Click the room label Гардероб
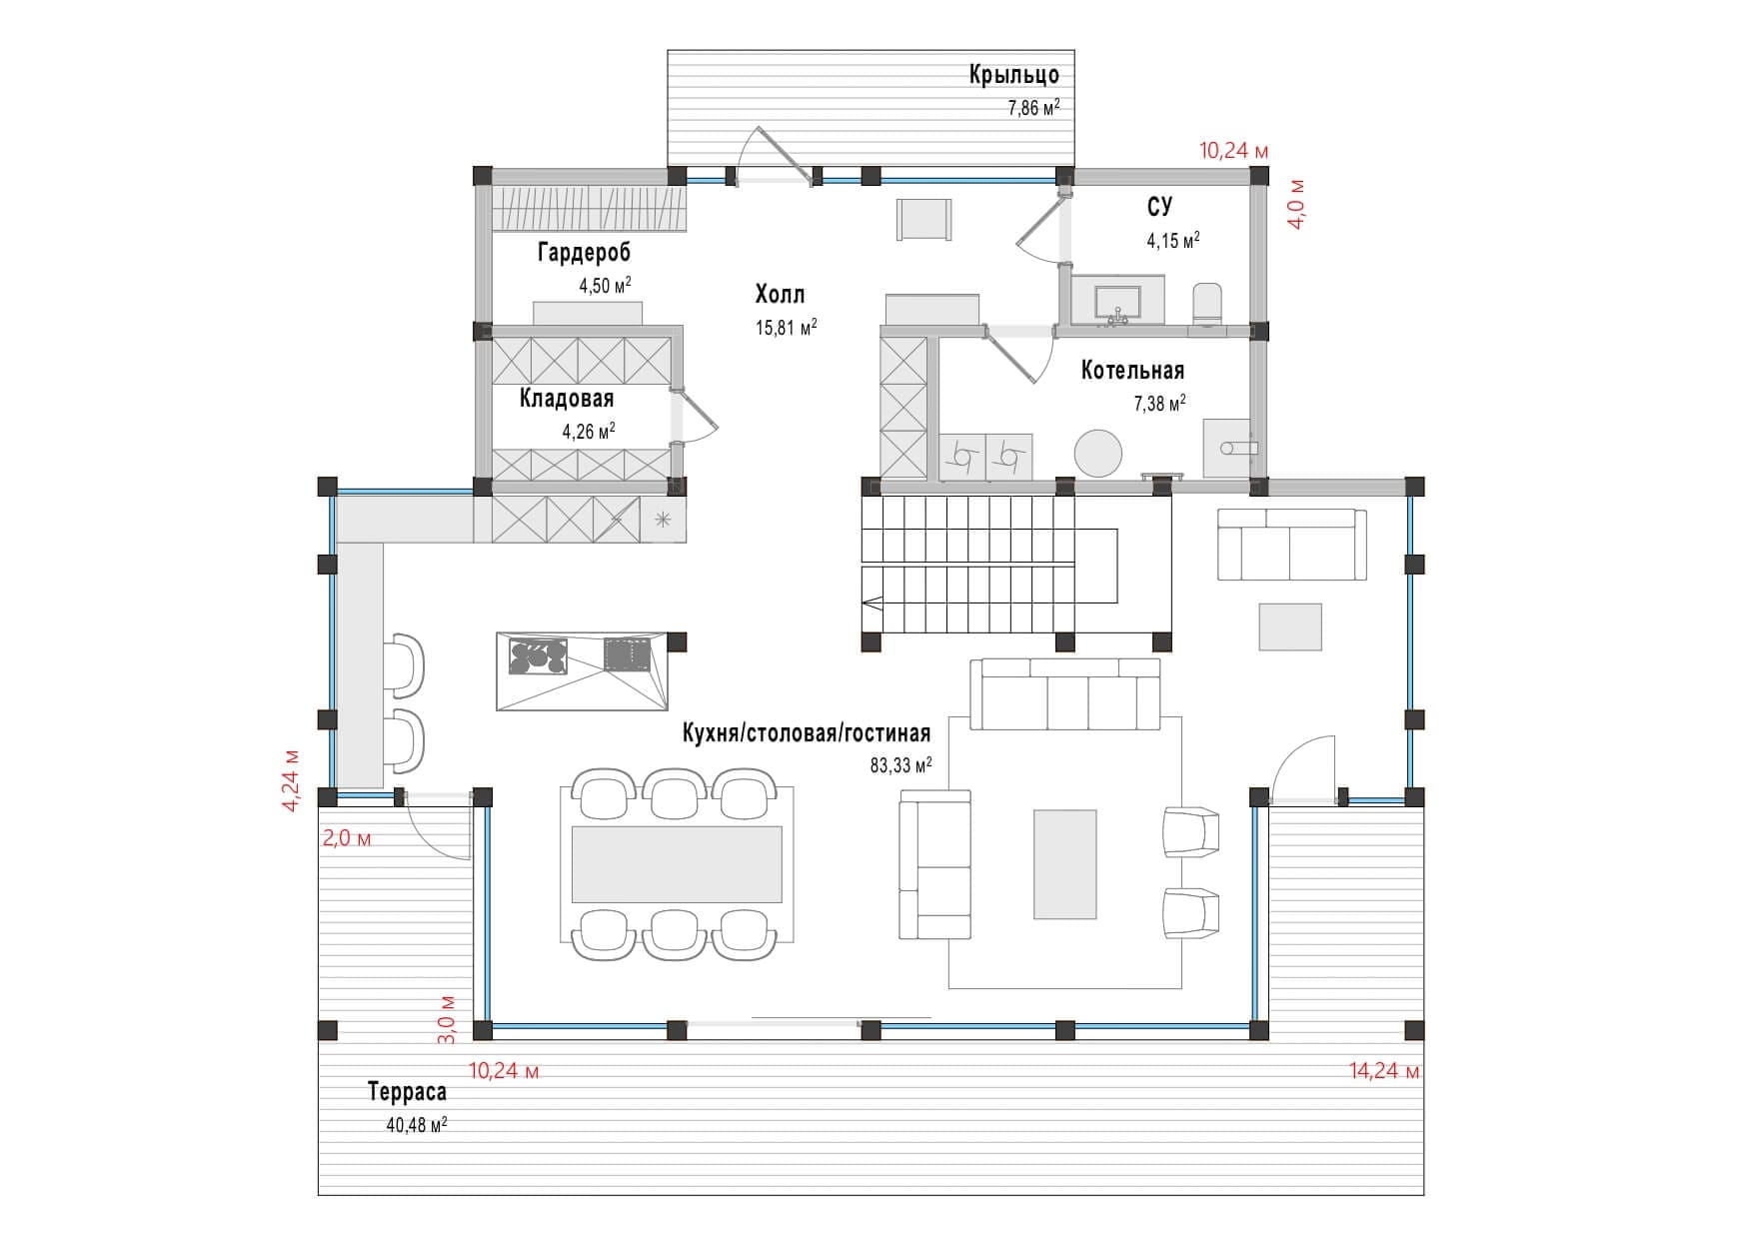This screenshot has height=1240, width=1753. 584,252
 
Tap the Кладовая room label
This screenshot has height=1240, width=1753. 566,399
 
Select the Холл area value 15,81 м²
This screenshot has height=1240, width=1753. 786,327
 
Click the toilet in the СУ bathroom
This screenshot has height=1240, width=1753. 1207,303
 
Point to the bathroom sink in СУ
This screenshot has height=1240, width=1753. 1117,303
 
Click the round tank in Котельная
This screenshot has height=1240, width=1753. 1098,454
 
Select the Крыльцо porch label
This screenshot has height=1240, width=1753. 1013,75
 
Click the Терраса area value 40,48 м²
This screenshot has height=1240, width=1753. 416,1125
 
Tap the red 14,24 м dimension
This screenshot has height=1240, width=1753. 1383,1071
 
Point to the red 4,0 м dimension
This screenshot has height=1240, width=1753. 1295,205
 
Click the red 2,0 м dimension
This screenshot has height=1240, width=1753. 346,838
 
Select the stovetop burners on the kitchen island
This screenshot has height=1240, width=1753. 538,655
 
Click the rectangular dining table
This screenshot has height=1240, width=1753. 677,863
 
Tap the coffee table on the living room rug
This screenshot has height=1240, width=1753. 1064,864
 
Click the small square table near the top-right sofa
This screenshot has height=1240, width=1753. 1289,626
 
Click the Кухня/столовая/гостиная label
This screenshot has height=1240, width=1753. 806,733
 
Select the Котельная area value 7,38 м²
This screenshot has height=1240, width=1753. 1159,404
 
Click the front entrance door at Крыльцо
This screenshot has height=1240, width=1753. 774,158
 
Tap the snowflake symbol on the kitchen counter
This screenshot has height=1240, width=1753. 662,520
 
